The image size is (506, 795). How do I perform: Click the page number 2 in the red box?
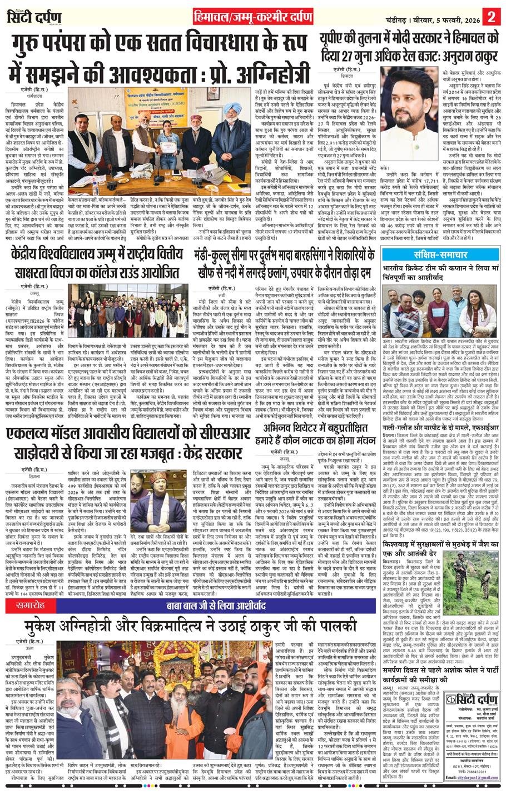[492, 16]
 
